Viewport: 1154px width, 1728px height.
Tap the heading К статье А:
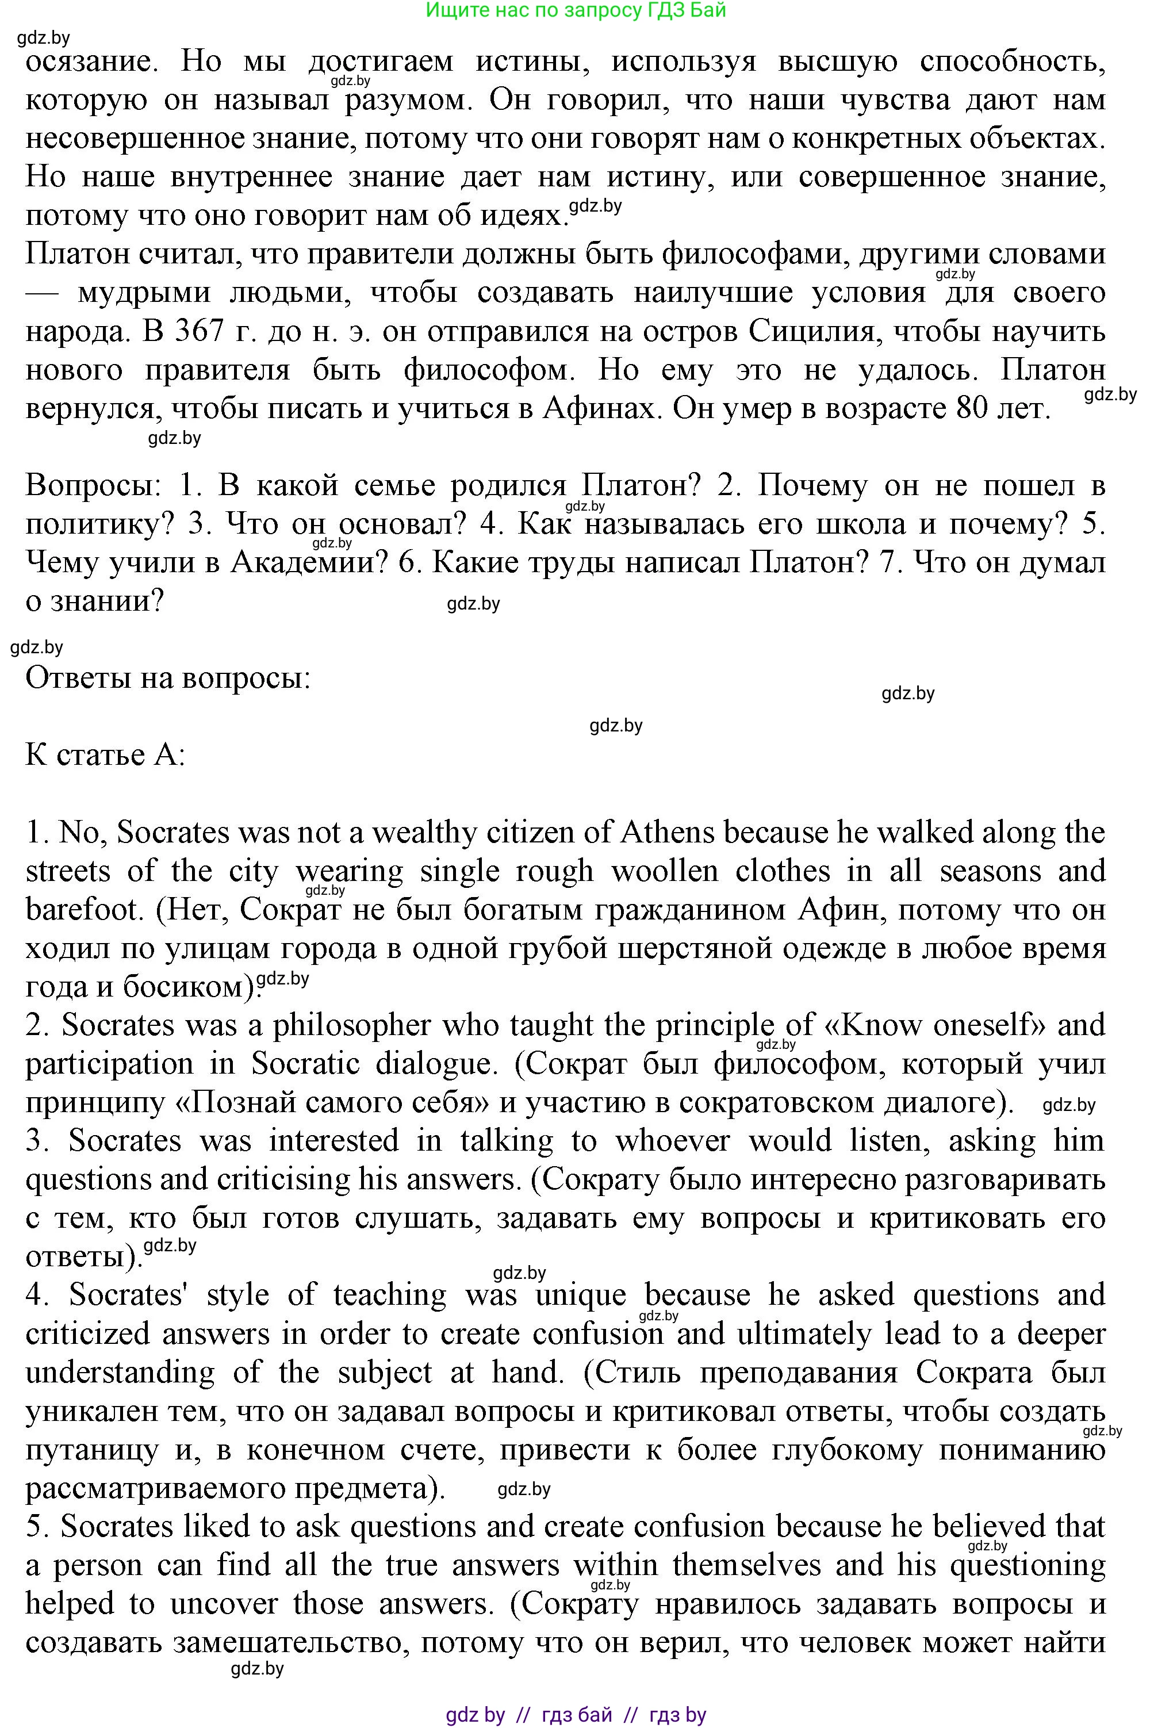coord(105,755)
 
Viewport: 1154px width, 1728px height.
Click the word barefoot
coord(82,910)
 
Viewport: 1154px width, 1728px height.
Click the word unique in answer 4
coord(581,1294)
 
